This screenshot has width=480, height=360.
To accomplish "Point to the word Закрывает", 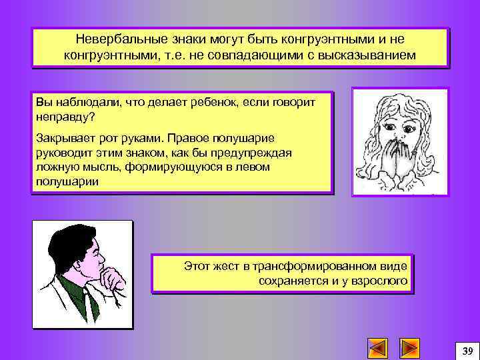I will click(63, 139).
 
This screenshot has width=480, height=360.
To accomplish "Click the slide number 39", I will click(467, 351).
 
